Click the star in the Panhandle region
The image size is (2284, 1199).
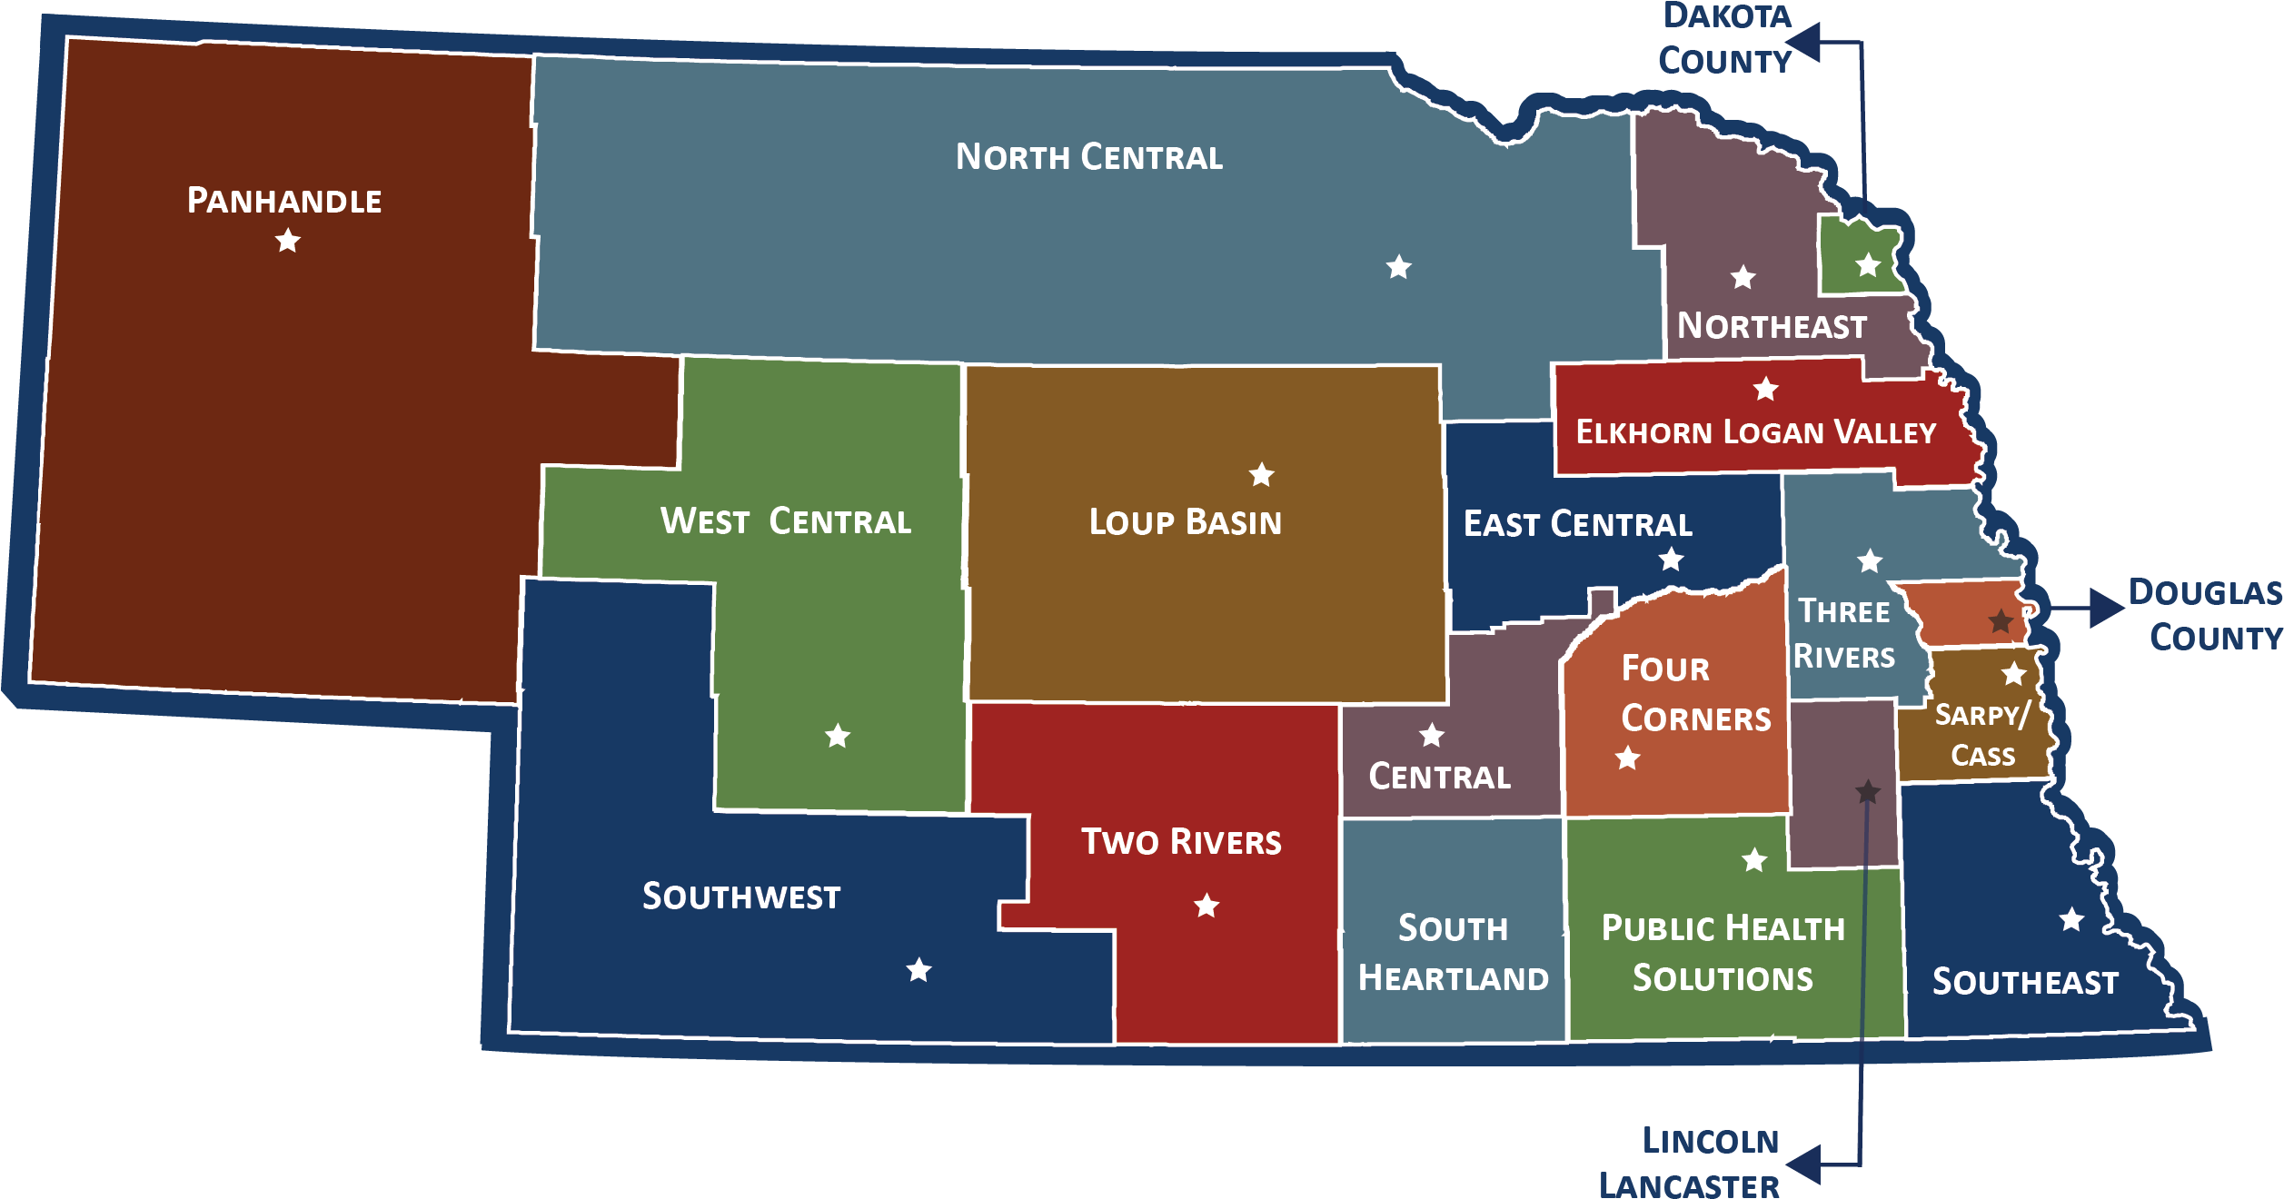coord(288,241)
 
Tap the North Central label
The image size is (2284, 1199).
coord(1088,157)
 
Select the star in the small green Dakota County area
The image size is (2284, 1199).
coord(1868,265)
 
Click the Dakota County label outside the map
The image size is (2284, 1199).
coord(1725,40)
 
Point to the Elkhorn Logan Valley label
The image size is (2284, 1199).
coord(1755,432)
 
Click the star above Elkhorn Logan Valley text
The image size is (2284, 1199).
coord(1765,389)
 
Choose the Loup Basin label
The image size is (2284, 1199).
coord(1185,522)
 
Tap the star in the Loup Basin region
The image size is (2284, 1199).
coord(1261,474)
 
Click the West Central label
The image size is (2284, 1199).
coord(785,521)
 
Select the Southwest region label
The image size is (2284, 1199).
coord(741,897)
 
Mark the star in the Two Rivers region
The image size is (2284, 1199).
coord(1207,906)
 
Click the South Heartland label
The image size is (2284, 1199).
coord(1453,953)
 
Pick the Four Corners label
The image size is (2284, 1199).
coord(1695,693)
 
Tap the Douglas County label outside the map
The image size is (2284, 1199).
coord(2206,615)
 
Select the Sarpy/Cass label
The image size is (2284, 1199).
coord(1982,735)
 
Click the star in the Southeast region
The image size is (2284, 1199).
coord(2071,919)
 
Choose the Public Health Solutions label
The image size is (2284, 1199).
coord(1723,953)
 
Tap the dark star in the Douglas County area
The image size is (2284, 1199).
coord(2001,621)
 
